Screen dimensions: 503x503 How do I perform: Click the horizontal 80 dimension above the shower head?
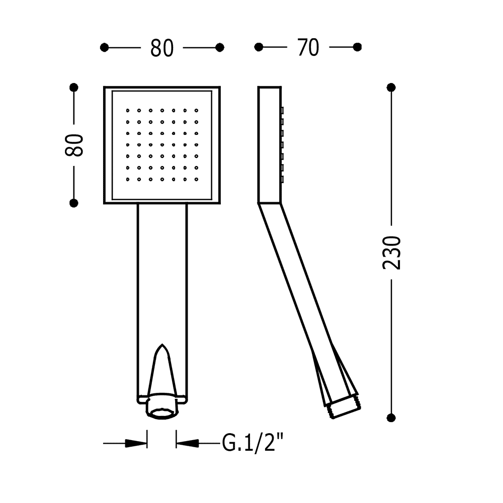(x=162, y=48)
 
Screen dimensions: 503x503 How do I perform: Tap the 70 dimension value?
(x=308, y=47)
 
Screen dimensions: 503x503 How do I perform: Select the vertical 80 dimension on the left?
(x=74, y=145)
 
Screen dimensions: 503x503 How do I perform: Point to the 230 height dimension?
(x=392, y=253)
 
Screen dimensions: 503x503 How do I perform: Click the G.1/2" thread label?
(x=253, y=443)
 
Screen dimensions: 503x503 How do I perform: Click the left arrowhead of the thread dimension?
(x=136, y=443)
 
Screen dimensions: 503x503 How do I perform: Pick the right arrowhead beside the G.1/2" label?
(x=187, y=443)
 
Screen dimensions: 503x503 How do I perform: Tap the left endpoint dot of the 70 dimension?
(x=259, y=47)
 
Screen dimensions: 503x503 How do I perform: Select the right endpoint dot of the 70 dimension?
(x=357, y=47)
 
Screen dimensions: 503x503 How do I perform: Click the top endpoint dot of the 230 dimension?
(x=391, y=87)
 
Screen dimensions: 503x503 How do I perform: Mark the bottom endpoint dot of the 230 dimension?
(x=391, y=417)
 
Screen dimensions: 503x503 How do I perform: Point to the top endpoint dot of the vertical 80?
(x=74, y=87)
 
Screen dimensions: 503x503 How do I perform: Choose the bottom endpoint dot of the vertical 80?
(x=74, y=203)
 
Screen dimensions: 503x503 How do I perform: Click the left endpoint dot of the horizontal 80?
(x=104, y=47)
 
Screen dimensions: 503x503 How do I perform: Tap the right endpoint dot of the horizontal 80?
(x=220, y=47)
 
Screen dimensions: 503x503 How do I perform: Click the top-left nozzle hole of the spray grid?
(x=128, y=110)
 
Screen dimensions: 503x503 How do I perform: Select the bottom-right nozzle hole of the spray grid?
(x=196, y=180)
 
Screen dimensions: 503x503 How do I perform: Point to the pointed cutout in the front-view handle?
(x=162, y=369)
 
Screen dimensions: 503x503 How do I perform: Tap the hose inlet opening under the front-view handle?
(x=162, y=413)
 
